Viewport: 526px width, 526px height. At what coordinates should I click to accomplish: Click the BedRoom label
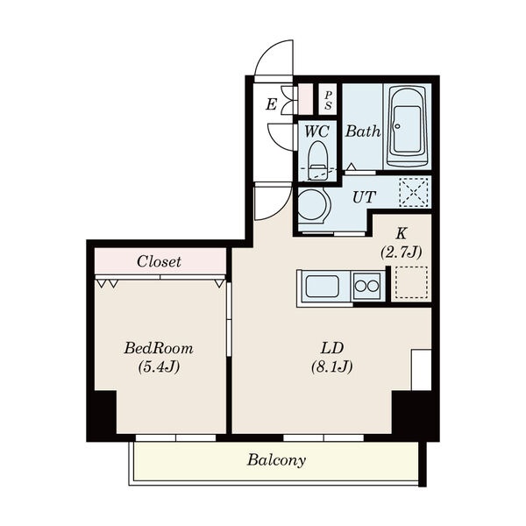click(159, 349)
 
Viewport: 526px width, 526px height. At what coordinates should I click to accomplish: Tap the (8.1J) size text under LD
click(331, 366)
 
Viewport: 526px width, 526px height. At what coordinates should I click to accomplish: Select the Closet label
click(159, 261)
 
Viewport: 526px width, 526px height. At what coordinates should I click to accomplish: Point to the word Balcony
click(276, 460)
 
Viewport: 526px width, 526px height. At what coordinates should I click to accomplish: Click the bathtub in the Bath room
click(407, 126)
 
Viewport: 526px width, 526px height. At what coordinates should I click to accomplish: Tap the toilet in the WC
click(317, 160)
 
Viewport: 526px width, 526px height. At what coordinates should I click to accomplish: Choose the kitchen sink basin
click(322, 286)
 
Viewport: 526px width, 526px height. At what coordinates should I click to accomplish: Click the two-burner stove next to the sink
click(367, 286)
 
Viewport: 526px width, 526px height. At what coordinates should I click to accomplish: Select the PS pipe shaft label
click(328, 100)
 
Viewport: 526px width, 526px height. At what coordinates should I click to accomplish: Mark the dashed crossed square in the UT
click(414, 192)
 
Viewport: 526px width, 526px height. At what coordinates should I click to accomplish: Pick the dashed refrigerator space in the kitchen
click(411, 282)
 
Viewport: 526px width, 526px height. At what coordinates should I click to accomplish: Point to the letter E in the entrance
click(271, 104)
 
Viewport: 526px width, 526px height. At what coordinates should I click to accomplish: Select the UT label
click(364, 197)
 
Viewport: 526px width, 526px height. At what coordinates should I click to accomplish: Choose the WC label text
click(316, 131)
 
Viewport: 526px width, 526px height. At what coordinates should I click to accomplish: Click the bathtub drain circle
click(397, 126)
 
